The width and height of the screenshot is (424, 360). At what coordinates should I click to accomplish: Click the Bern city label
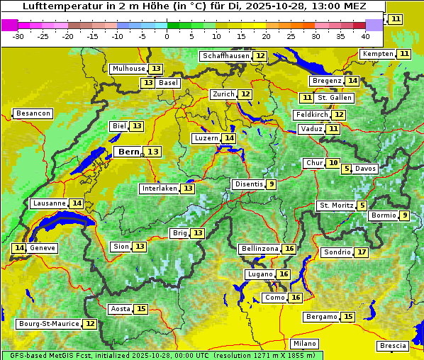tap(129, 152)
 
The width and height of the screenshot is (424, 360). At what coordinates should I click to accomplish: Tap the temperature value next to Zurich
tap(245, 94)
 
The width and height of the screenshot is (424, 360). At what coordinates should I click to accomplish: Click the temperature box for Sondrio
tap(362, 252)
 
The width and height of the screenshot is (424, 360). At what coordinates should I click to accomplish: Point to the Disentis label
tap(248, 184)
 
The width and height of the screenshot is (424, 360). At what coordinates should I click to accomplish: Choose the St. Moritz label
tap(335, 206)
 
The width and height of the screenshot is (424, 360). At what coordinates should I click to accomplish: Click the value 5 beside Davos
tap(347, 169)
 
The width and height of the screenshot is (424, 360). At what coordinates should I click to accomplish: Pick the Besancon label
tap(33, 113)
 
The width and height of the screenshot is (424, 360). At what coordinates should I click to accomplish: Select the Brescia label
tap(393, 346)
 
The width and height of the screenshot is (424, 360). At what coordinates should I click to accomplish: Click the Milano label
tap(306, 344)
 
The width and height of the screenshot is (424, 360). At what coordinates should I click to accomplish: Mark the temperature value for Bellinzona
tap(289, 249)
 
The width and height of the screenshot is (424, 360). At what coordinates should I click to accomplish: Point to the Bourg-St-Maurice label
tap(48, 324)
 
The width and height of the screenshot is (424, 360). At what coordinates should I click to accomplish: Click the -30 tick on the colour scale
tap(18, 36)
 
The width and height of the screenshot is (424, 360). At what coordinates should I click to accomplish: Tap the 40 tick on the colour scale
tap(365, 36)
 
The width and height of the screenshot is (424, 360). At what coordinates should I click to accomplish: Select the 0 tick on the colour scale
tap(167, 36)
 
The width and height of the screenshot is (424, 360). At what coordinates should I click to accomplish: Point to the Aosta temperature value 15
tap(141, 309)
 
